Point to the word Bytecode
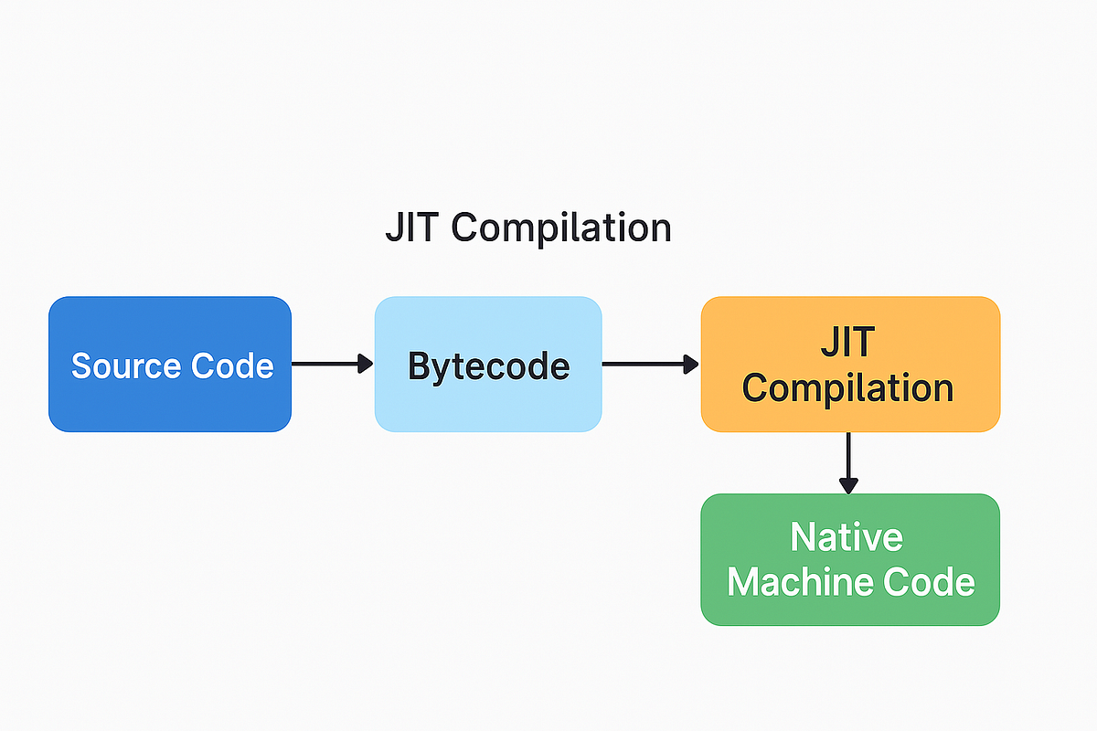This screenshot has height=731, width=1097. (488, 365)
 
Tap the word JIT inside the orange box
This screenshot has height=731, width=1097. (847, 343)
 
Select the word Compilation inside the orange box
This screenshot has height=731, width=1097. (847, 387)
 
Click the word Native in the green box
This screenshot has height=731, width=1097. (847, 537)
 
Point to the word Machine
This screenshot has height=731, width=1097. (795, 582)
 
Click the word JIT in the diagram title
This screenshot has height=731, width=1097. (414, 228)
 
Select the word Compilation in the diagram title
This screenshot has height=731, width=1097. (562, 228)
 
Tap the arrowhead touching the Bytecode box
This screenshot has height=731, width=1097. (366, 364)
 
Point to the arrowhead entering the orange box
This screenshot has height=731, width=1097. (692, 364)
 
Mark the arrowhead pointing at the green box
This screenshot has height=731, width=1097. (849, 485)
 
